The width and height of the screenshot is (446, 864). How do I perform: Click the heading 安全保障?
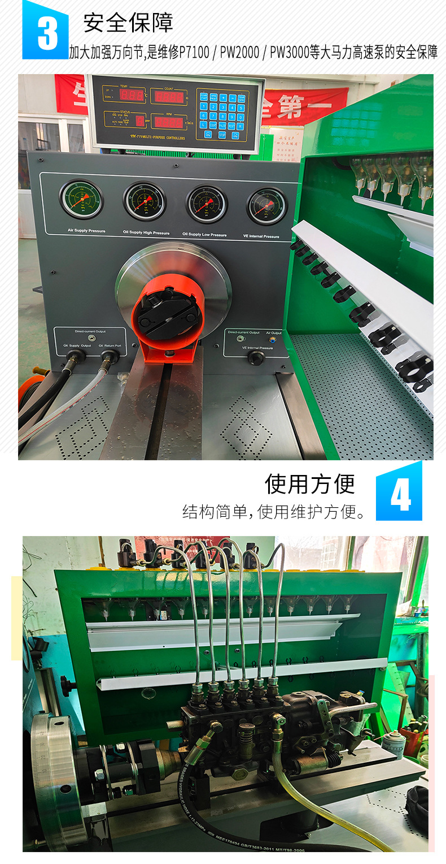[x=128, y=23]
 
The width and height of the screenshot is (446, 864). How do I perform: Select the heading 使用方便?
[x=310, y=484]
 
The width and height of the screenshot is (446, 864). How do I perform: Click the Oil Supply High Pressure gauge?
[x=145, y=201]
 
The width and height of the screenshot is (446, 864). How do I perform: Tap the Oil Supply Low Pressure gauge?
[x=207, y=204]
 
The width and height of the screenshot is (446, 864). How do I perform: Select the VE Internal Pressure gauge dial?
[x=266, y=206]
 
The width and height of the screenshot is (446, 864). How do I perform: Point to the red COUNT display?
[x=169, y=97]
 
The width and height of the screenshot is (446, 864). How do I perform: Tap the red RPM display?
[x=169, y=122]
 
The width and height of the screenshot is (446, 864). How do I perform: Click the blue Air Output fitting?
[x=274, y=340]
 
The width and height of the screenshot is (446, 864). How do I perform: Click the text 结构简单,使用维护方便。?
[x=274, y=512]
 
